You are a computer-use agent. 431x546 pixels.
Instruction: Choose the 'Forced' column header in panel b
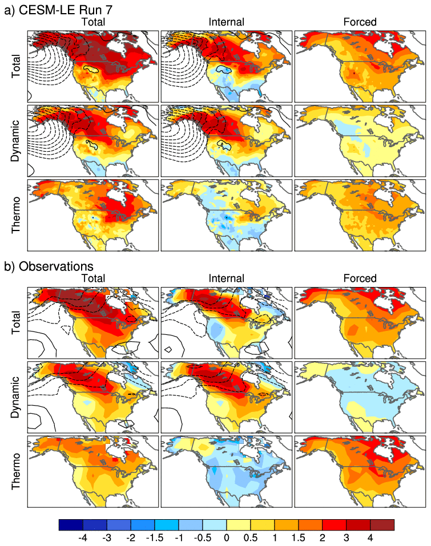click(x=360, y=278)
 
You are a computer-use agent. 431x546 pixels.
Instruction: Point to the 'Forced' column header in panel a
click(x=360, y=22)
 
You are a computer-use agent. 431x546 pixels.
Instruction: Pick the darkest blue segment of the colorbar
click(x=71, y=525)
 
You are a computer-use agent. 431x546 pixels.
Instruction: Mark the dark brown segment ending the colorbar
click(x=382, y=525)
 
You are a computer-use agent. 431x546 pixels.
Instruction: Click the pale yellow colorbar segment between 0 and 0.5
click(x=239, y=525)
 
